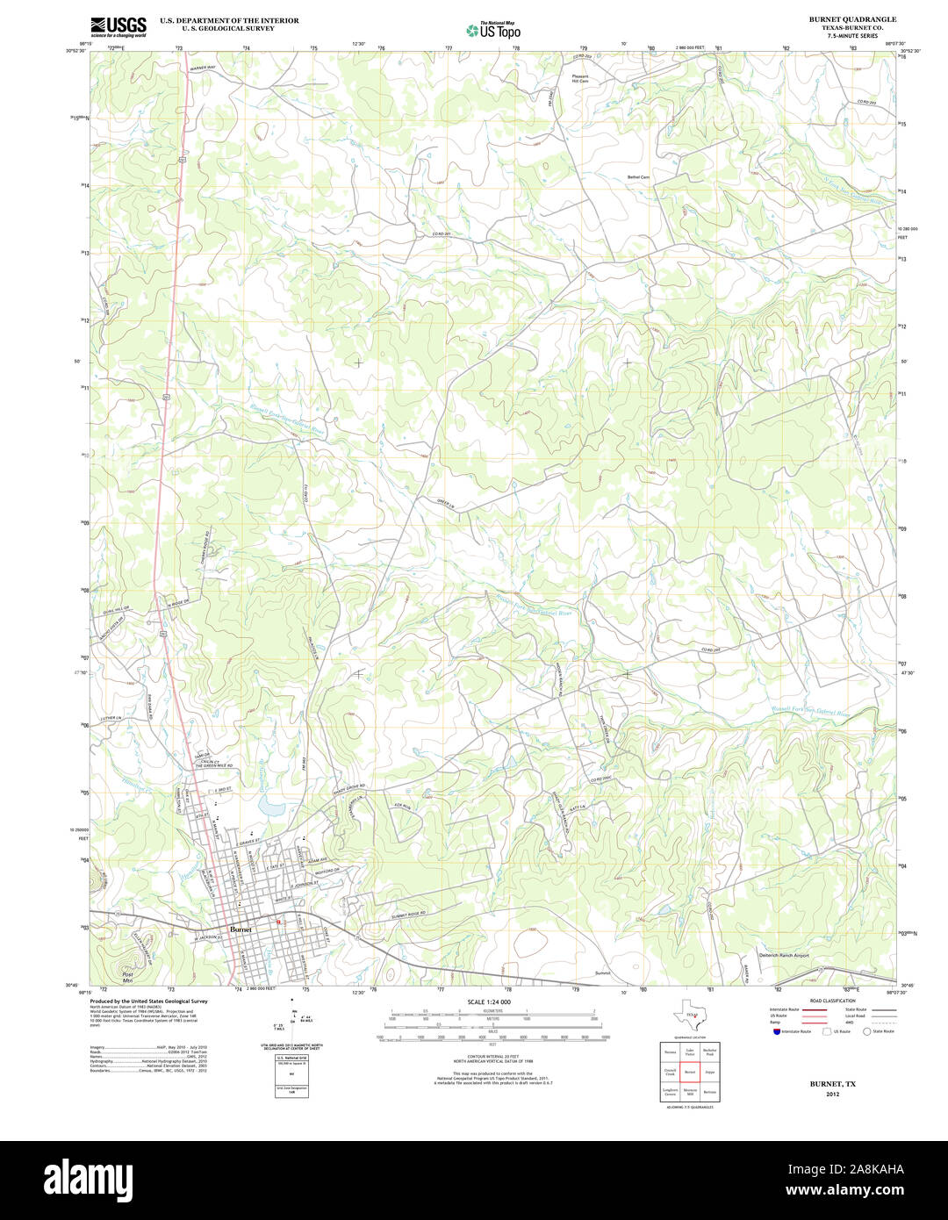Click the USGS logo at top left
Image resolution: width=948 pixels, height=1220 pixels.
tap(118, 26)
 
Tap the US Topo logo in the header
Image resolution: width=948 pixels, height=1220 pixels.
tap(493, 30)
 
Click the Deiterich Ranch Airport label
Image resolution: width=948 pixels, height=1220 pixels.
tap(783, 955)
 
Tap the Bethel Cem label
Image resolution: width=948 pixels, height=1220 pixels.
tap(638, 177)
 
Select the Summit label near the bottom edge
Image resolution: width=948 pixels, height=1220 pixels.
tap(602, 972)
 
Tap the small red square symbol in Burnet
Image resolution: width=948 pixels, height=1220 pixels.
tap(279, 922)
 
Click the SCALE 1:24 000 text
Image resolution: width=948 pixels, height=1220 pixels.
tap(489, 1001)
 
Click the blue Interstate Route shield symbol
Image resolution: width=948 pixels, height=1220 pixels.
tap(777, 1031)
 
